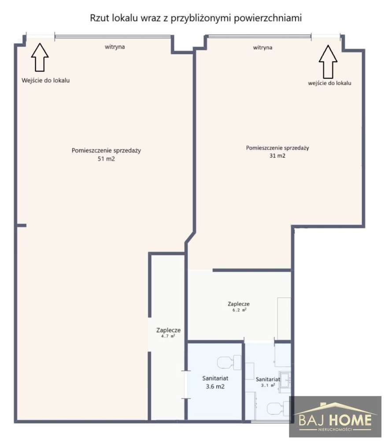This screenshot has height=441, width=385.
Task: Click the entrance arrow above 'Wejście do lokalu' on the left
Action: click(x=40, y=57)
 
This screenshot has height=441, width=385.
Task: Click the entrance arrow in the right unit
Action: click(x=328, y=62)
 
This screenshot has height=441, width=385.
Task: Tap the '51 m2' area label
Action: click(x=106, y=159)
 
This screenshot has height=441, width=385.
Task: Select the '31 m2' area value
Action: click(x=278, y=156)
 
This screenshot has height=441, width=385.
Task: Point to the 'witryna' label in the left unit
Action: click(x=115, y=47)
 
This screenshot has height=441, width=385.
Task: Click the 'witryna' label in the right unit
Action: click(x=263, y=48)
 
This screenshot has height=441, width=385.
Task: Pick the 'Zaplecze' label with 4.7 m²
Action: click(x=169, y=330)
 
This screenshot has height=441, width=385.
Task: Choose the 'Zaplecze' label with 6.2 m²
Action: click(x=239, y=304)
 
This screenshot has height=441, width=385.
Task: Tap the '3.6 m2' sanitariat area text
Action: click(x=215, y=387)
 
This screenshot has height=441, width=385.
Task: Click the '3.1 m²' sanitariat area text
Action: click(x=268, y=385)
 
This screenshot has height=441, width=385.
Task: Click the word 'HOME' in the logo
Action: click(x=350, y=420)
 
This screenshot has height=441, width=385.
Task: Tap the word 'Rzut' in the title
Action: click(x=100, y=18)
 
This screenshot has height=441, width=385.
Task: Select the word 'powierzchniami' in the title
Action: click(x=268, y=18)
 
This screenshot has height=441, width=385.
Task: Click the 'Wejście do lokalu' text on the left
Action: click(x=45, y=80)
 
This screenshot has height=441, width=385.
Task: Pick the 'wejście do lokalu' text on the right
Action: click(x=329, y=83)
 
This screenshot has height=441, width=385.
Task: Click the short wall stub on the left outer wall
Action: click(x=22, y=225)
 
